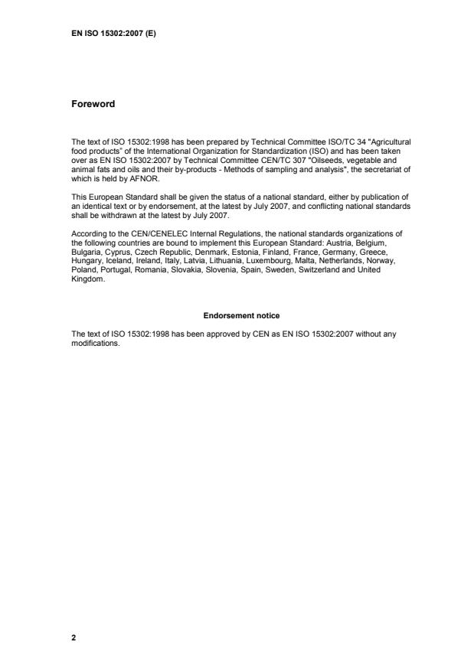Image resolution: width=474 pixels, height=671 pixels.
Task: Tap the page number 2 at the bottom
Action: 74,637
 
